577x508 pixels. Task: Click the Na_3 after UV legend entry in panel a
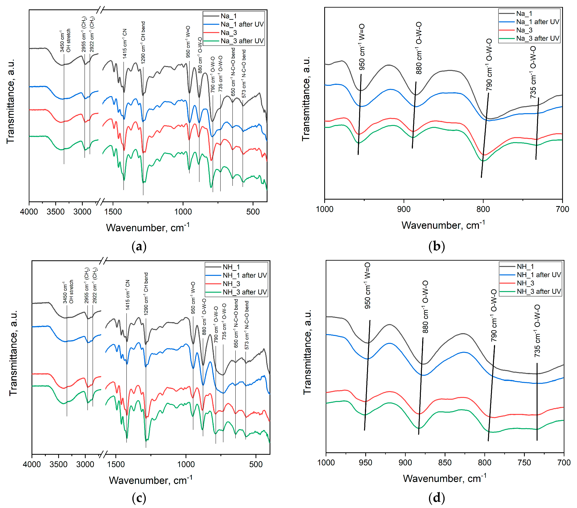click(x=242, y=41)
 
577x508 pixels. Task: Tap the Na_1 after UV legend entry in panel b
click(x=537, y=22)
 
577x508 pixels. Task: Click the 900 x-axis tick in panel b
click(x=404, y=209)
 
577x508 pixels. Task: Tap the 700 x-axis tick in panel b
click(x=562, y=209)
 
